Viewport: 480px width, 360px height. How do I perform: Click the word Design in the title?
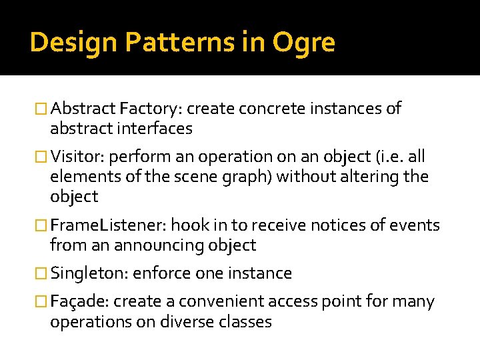click(63, 43)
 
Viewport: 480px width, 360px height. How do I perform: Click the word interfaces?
click(152, 129)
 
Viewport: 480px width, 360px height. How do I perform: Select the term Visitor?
click(78, 157)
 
